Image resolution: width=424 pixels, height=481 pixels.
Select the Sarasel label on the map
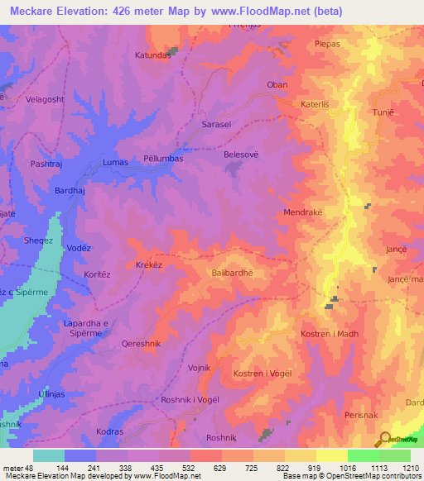pyautogui.click(x=217, y=125)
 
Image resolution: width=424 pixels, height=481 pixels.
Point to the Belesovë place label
pyautogui.click(x=241, y=154)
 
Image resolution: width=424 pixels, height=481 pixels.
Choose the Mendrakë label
pyautogui.click(x=303, y=212)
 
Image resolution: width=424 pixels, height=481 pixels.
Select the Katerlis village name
pyautogui.click(x=315, y=105)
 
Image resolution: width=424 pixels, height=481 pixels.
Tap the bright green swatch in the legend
pyautogui.click(x=363, y=455)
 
